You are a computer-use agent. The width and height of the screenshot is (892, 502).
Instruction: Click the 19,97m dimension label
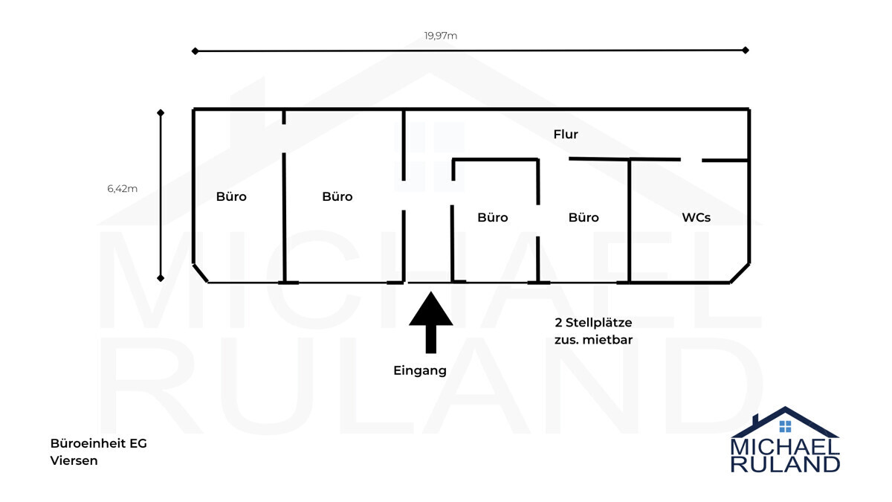[440, 36]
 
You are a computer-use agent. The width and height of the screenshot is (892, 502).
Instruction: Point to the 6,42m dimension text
[122, 188]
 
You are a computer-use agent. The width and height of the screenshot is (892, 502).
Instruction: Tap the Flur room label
[566, 135]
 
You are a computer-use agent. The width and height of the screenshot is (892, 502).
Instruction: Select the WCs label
[696, 217]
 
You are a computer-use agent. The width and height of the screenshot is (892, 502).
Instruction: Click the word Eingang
[420, 370]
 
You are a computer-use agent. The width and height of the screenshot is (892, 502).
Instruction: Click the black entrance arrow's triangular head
[431, 309]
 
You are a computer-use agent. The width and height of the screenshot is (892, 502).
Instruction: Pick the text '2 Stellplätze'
[593, 323]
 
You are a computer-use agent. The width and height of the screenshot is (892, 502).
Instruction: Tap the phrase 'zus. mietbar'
[593, 341]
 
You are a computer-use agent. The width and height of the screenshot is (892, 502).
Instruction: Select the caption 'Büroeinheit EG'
[99, 443]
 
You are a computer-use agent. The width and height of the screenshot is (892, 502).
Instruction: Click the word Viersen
[74, 460]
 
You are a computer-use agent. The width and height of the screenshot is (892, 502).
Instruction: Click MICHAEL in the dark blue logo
[785, 447]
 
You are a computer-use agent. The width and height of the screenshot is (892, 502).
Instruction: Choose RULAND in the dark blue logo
[785, 465]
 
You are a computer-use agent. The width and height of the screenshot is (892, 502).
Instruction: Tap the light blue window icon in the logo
[785, 426]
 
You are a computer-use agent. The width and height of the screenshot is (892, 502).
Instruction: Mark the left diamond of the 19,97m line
[195, 51]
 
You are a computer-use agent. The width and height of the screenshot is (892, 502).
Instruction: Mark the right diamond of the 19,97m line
[746, 51]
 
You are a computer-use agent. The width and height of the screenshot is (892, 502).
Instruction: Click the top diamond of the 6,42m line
[161, 113]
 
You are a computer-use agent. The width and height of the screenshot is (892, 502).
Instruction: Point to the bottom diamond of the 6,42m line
[161, 278]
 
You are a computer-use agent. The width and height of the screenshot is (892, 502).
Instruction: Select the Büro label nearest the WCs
[584, 217]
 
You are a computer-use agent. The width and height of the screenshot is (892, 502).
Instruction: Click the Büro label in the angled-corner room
[231, 197]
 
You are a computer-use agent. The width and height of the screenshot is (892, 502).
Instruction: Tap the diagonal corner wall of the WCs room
[740, 273]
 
